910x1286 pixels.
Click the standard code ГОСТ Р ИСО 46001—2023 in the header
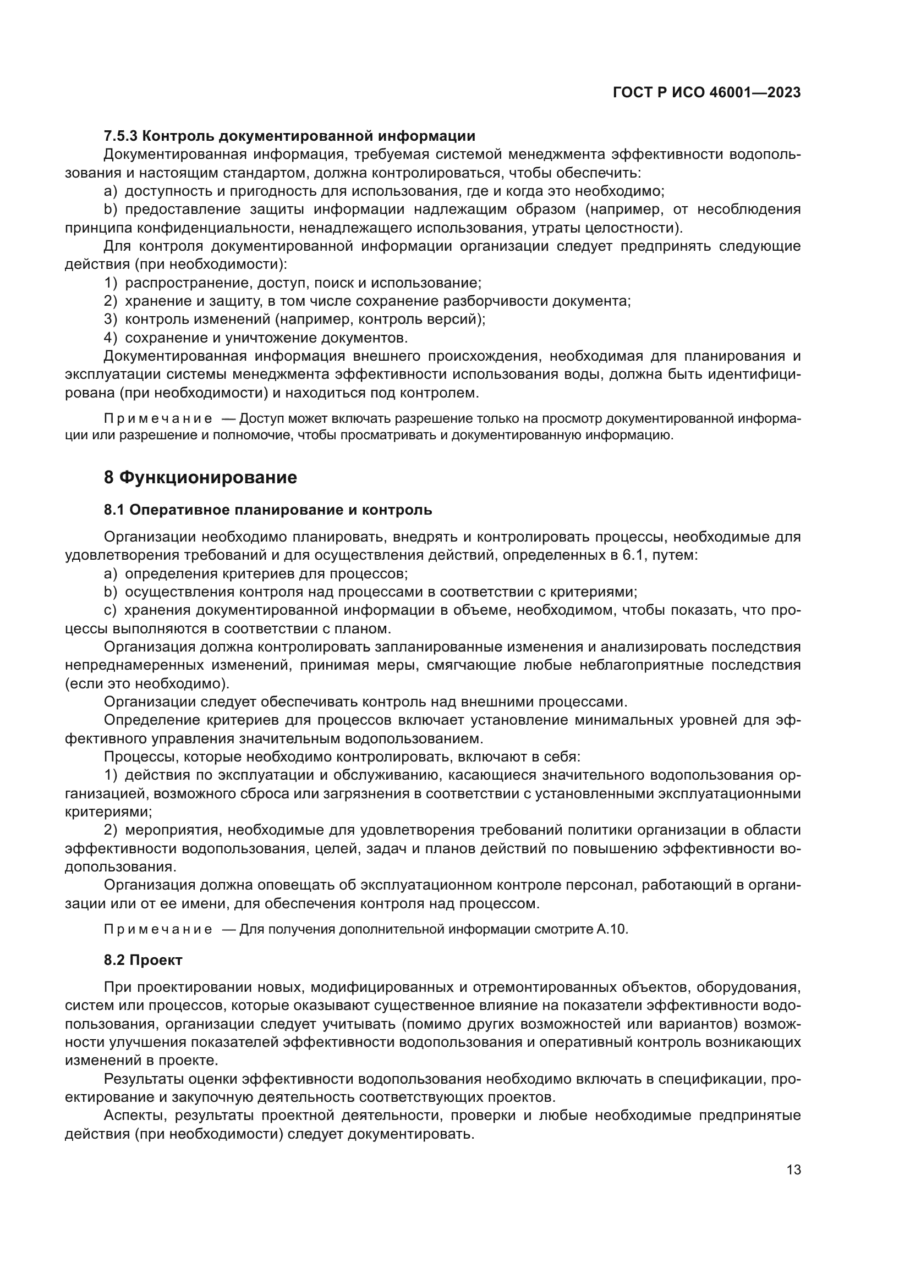pyautogui.click(x=706, y=93)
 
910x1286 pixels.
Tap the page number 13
pyautogui.click(x=793, y=1170)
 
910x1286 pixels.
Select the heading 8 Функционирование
pyautogui.click(x=200, y=478)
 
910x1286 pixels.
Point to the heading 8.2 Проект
pyautogui.click(x=143, y=960)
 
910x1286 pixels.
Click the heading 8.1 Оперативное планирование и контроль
pyautogui.click(x=268, y=510)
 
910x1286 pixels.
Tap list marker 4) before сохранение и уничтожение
pyautogui.click(x=110, y=338)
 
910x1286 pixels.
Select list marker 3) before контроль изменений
pyautogui.click(x=110, y=320)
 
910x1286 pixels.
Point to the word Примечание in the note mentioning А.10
pyautogui.click(x=158, y=930)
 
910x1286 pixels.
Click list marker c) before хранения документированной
pyautogui.click(x=110, y=610)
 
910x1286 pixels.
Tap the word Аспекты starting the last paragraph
pyautogui.click(x=135, y=1115)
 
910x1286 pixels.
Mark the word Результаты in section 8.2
pyautogui.click(x=143, y=1079)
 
